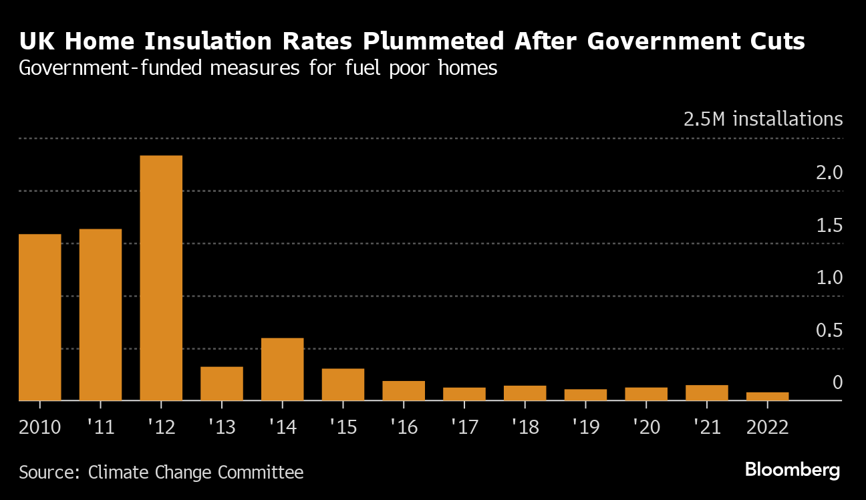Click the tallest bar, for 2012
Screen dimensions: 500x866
pyautogui.click(x=161, y=278)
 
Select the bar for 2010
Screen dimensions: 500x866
pyautogui.click(x=40, y=318)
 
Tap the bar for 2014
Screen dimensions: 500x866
pyautogui.click(x=282, y=370)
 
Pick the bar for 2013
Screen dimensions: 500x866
pyautogui.click(x=222, y=384)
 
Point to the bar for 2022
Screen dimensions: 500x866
pyautogui.click(x=767, y=396)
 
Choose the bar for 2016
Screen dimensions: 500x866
pyautogui.click(x=404, y=391)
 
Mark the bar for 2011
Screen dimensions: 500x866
pyautogui.click(x=100, y=315)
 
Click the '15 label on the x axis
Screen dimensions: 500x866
pyautogui.click(x=342, y=426)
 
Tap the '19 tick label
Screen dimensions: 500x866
pyautogui.click(x=585, y=426)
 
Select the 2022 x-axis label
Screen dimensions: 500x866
pyautogui.click(x=767, y=426)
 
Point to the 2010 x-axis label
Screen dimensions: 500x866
pyautogui.click(x=40, y=426)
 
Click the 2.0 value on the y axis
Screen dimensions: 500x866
pyautogui.click(x=828, y=173)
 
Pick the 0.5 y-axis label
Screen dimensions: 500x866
pyautogui.click(x=828, y=331)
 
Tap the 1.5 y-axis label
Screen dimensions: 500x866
pyautogui.click(x=828, y=226)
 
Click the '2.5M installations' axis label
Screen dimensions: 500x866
pyautogui.click(x=763, y=120)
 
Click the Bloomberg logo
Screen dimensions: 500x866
pyautogui.click(x=792, y=470)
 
